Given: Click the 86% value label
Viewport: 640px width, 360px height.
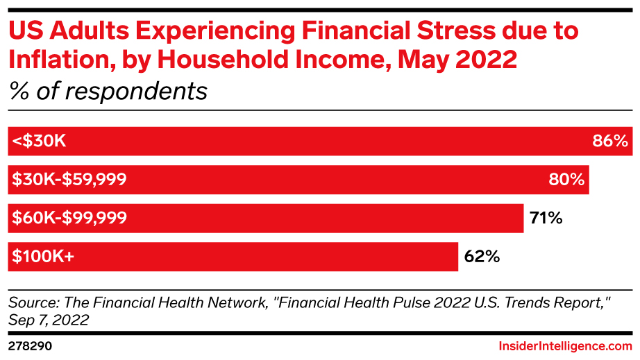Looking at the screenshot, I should pos(610,142).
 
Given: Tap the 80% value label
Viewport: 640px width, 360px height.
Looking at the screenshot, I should pos(566,180).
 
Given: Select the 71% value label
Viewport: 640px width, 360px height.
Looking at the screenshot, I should pos(545,218).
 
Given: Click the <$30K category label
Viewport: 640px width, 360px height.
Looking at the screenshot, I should pos(39,142).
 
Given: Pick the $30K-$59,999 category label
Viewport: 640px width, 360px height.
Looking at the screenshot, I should pos(69,180).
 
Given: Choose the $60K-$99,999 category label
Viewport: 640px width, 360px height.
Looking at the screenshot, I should pos(69,218).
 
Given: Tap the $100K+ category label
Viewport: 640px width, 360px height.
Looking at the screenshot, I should pos(43,257).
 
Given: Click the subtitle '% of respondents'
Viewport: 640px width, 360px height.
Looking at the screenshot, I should pos(108,90).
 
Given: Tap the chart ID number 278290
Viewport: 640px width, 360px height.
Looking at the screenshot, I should pos(31,345).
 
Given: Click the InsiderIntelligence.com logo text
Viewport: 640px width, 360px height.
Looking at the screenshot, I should pos(565,345).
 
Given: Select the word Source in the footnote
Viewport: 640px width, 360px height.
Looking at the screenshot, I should pos(30,302).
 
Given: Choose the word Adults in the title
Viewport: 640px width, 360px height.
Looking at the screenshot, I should pos(86,31).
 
